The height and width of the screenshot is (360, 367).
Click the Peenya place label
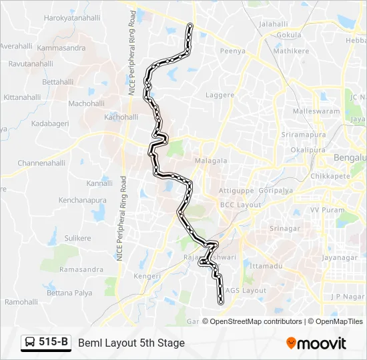tap(233, 51)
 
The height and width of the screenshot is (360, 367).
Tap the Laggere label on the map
tap(220, 95)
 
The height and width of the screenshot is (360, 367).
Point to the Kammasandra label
tap(61, 48)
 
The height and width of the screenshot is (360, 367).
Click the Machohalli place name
tap(87, 104)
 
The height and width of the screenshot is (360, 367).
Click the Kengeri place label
tap(147, 276)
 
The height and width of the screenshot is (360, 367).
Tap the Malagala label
tap(211, 161)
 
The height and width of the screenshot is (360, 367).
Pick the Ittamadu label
tap(262, 265)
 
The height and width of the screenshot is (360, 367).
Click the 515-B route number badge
tap(46, 343)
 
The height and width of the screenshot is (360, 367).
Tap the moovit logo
tap(316, 343)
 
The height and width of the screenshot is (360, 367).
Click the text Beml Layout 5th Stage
tap(131, 343)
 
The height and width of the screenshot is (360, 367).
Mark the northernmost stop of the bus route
tap(190, 26)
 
